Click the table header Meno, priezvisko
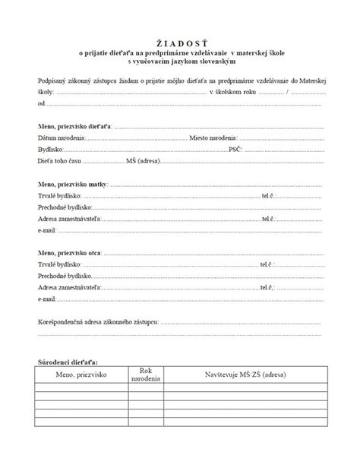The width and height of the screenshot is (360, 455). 81,376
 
